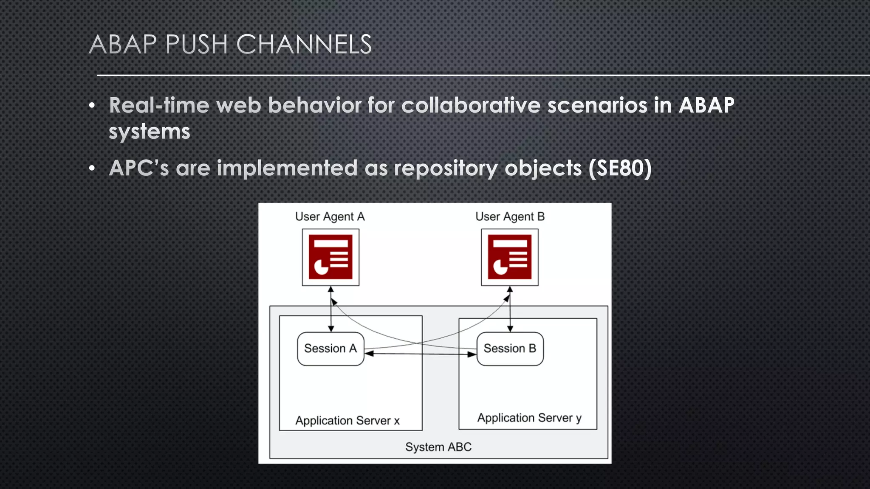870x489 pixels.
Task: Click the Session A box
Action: pyautogui.click(x=330, y=349)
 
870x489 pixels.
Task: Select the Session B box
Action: pyautogui.click(x=510, y=349)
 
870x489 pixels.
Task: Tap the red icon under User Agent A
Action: pyautogui.click(x=330, y=257)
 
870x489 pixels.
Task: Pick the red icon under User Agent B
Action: pyautogui.click(x=510, y=257)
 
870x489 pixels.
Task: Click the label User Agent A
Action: pyautogui.click(x=330, y=217)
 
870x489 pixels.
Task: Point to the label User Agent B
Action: pyautogui.click(x=510, y=217)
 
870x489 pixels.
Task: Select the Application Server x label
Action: pyautogui.click(x=347, y=421)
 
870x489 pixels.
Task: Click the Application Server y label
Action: pyautogui.click(x=529, y=418)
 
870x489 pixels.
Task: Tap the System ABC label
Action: pyautogui.click(x=438, y=447)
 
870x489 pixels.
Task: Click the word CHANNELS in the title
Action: pyautogui.click(x=304, y=44)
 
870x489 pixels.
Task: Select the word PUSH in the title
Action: pyautogui.click(x=196, y=44)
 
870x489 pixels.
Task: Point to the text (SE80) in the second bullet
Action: pyautogui.click(x=620, y=168)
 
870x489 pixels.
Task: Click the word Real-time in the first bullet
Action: pyautogui.click(x=159, y=105)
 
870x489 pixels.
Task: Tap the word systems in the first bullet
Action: pyautogui.click(x=150, y=131)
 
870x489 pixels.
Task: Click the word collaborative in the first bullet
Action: pyautogui.click(x=471, y=105)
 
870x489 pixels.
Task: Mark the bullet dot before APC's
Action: pyautogui.click(x=92, y=169)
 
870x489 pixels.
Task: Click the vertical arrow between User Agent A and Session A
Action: pyautogui.click(x=331, y=309)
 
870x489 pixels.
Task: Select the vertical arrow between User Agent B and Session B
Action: pyautogui.click(x=510, y=309)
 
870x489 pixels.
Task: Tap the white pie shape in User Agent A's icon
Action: pyautogui.click(x=321, y=267)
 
